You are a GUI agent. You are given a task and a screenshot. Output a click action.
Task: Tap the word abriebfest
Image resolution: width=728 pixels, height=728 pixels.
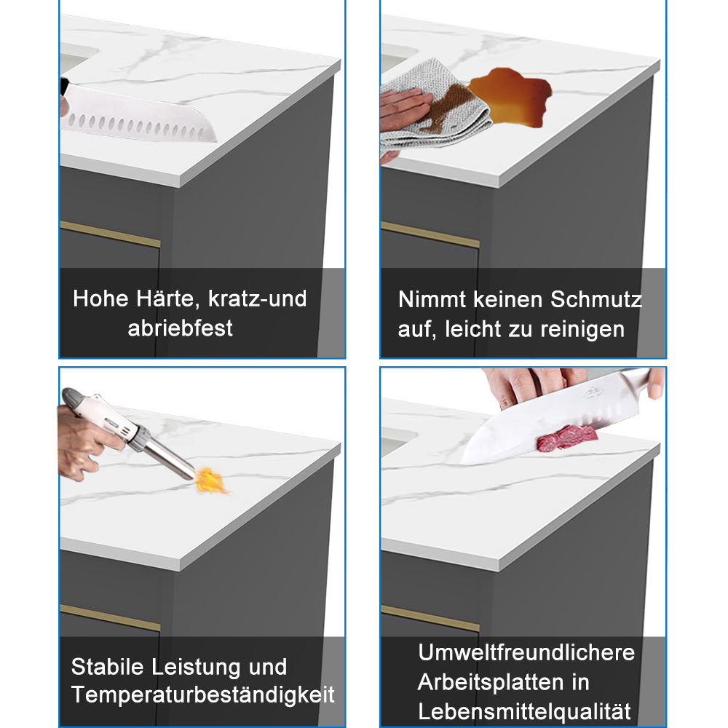181,328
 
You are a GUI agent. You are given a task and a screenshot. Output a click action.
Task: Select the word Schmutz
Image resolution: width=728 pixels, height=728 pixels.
596,299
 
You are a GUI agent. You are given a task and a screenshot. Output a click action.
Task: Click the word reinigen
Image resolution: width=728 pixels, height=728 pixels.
582,329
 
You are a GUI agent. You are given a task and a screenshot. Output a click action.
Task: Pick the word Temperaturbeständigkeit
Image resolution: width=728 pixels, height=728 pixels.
203,695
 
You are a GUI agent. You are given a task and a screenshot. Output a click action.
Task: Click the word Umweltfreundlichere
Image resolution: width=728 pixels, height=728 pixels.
526,652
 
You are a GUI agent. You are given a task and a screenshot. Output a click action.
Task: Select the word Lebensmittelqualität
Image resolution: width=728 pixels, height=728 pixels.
524,711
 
